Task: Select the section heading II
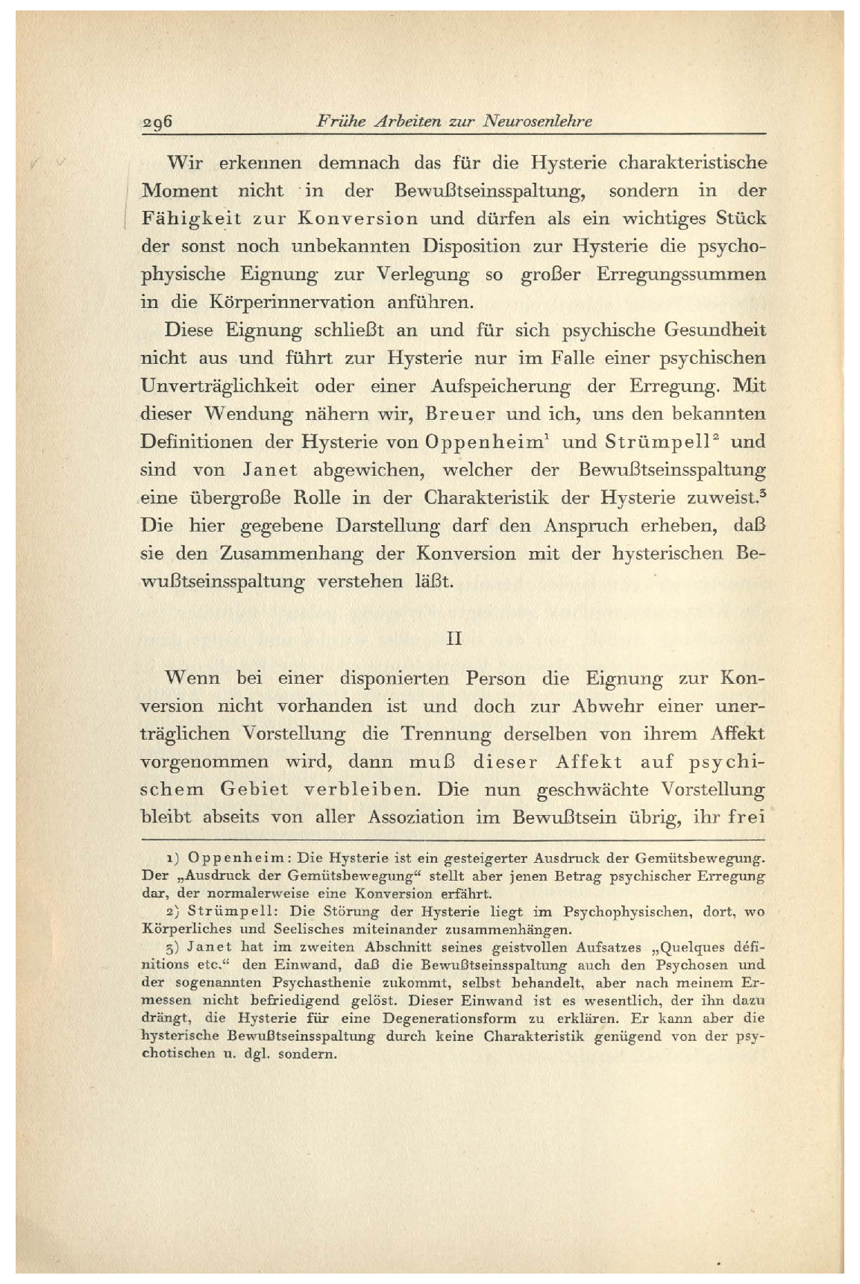[x=453, y=639]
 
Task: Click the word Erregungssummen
[x=681, y=275]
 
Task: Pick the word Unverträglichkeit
[x=219, y=386]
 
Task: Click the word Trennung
[x=446, y=734]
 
